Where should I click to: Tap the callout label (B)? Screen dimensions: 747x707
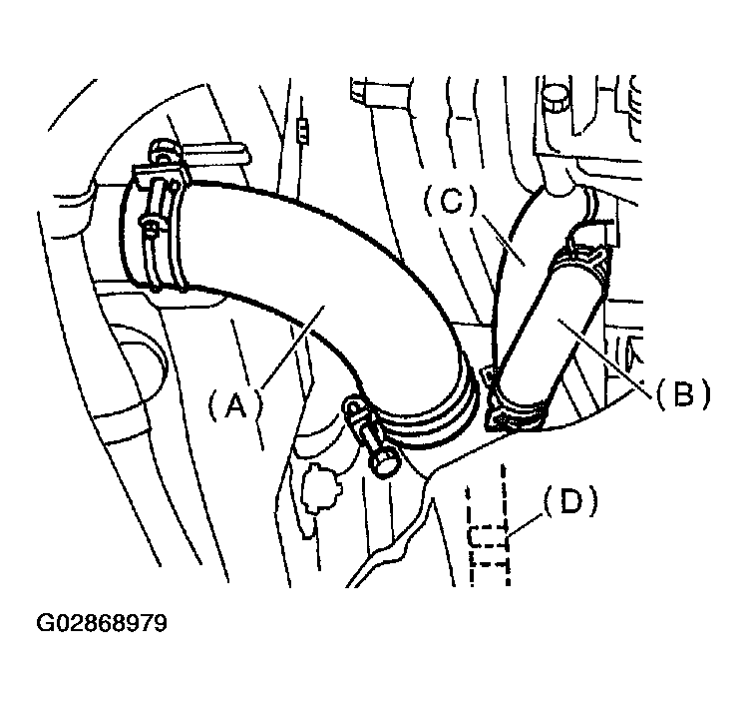tap(683, 393)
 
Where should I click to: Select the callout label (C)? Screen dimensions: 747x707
tap(450, 201)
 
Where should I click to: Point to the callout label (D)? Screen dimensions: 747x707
tap(570, 502)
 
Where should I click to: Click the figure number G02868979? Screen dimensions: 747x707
tap(102, 623)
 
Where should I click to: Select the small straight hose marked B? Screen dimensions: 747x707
tap(548, 330)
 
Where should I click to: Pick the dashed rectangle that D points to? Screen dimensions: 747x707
tap(487, 537)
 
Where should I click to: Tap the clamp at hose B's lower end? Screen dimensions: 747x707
tap(517, 411)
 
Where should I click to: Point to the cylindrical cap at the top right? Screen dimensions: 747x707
tap(556, 98)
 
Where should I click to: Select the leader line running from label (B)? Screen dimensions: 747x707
tap(605, 357)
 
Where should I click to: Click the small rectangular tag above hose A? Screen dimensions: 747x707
tap(302, 132)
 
